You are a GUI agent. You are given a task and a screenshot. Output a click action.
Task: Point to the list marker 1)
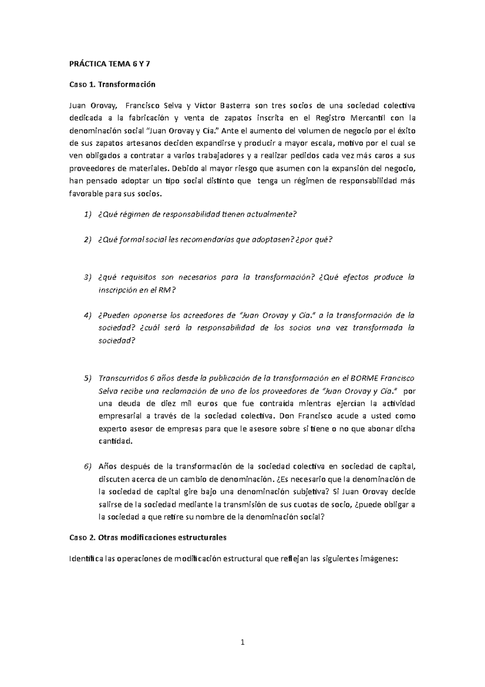[x=88, y=214]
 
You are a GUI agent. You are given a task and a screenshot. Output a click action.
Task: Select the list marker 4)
[x=88, y=315]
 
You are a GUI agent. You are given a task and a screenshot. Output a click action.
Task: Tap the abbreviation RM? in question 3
[x=168, y=290]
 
